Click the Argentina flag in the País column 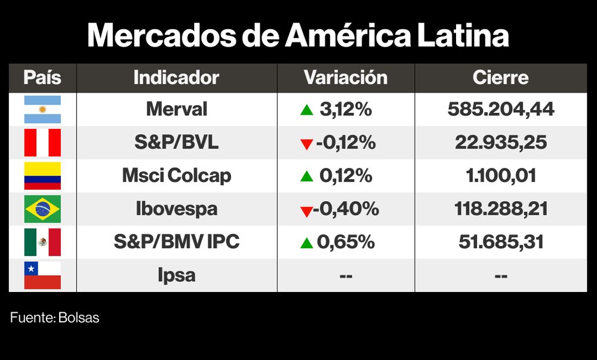pos(42,109)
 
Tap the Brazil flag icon pos(42,209)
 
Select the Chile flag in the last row pos(42,275)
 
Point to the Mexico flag pos(42,242)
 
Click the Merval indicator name pos(177,109)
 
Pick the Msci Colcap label pos(177,176)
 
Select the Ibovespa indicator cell pos(177,209)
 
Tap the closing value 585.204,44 pos(500,109)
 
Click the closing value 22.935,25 pos(500,143)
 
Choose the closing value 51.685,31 pos(500,242)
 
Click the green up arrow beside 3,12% pos(307,110)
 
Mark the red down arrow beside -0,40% pos(306,211)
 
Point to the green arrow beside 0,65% pos(307,242)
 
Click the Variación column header pos(346,78)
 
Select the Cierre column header pos(500,78)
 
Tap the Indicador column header pos(176,78)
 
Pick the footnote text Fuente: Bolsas pos(54,318)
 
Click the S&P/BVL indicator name pos(177,143)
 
